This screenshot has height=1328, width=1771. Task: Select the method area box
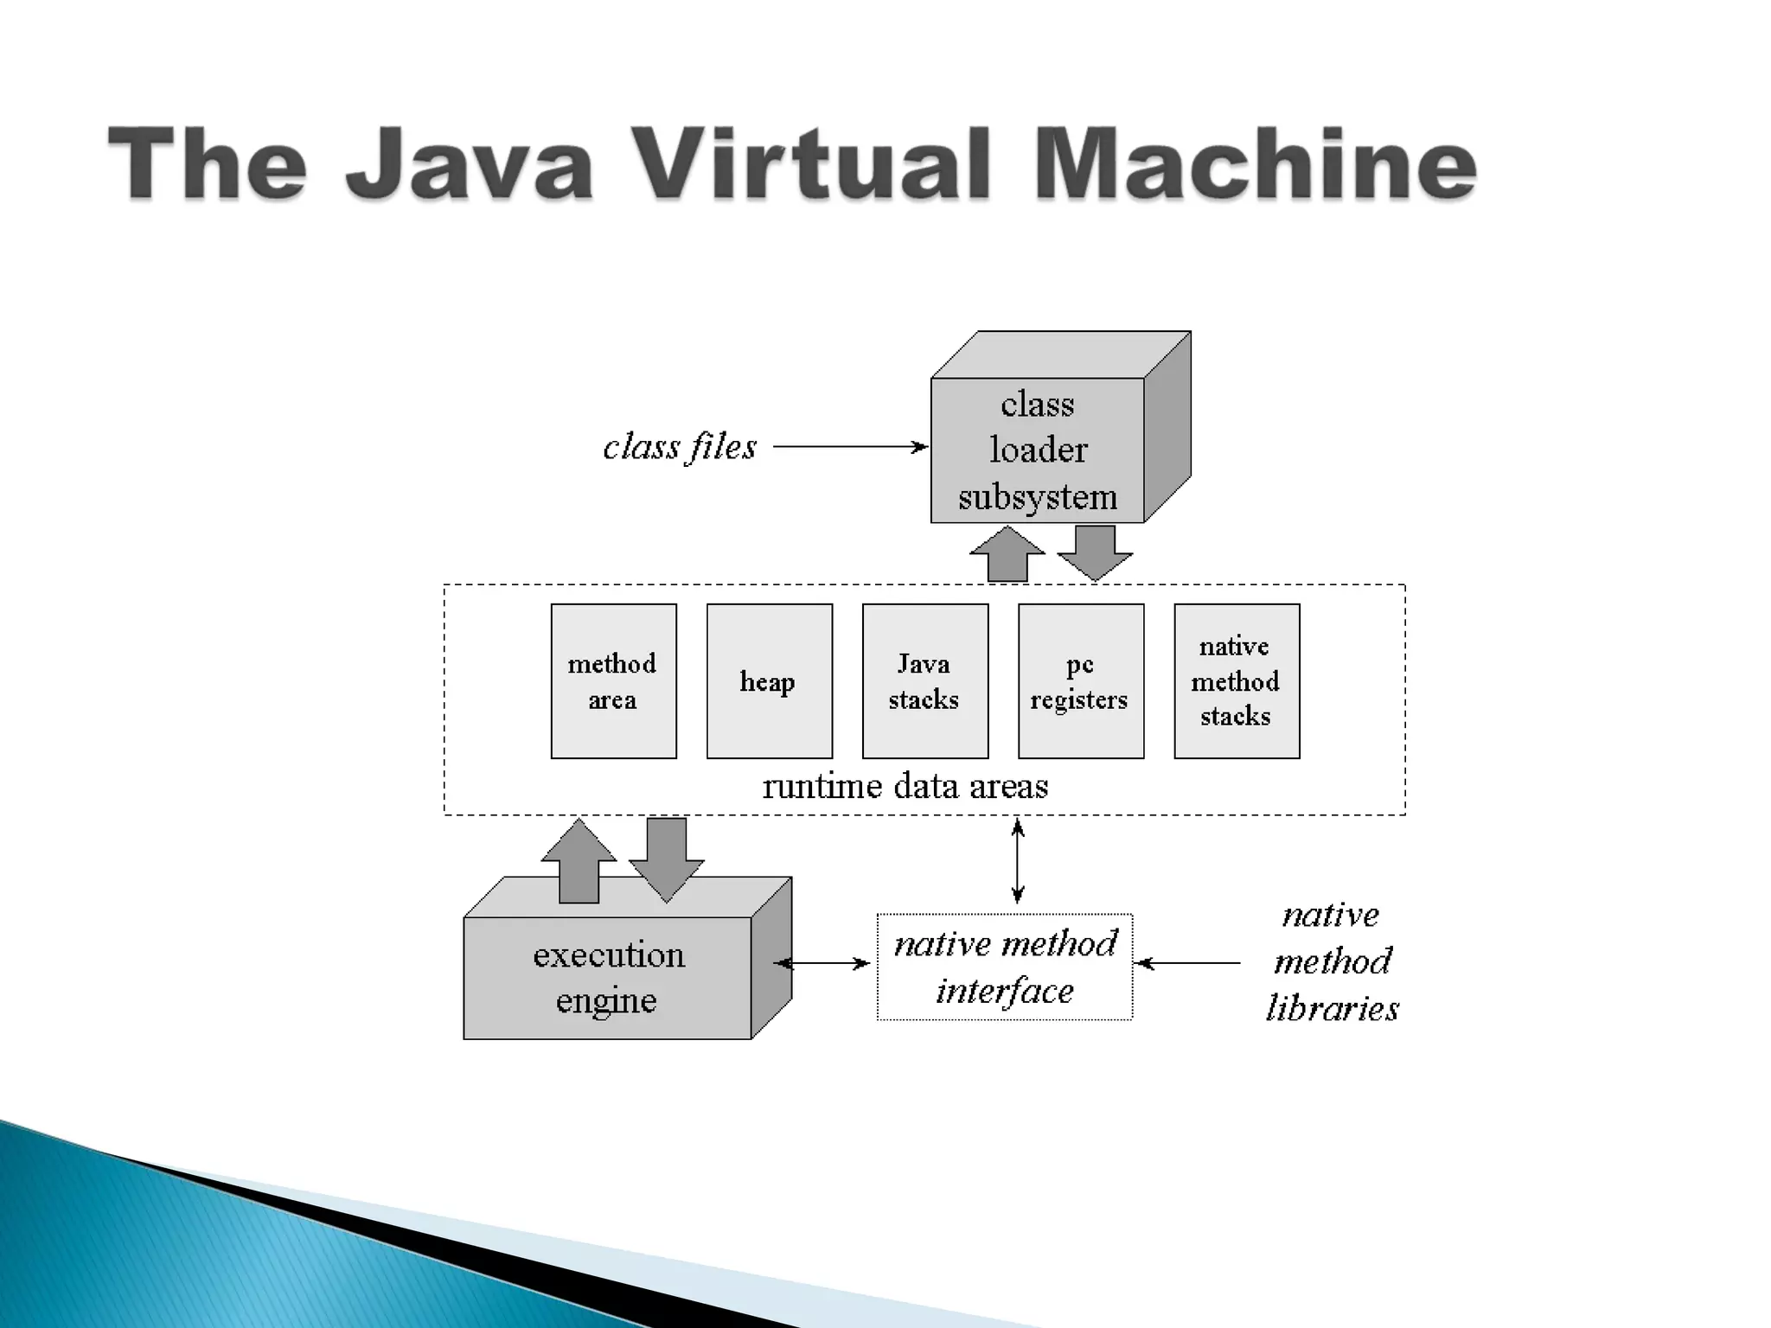pos(613,681)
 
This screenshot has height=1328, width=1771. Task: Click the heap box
pos(769,681)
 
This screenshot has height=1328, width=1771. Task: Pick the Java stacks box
pos(924,681)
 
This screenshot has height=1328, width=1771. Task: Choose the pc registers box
pos(1080,681)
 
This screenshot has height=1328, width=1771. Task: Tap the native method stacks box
pos(1236,681)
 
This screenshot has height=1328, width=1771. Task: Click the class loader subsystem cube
pos(1037,450)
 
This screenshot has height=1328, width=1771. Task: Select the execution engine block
pos(608,978)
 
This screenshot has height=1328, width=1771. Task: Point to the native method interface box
pos(1004,967)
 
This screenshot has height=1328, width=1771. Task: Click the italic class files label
pos(680,448)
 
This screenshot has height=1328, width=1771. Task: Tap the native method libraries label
pos(1332,961)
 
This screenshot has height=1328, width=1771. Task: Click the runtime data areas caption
pos(905,786)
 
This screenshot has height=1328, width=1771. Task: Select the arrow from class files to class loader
pos(850,447)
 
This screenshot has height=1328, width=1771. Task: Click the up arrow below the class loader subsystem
pos(1007,555)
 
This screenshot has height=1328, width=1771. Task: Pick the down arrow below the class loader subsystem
pos(1095,552)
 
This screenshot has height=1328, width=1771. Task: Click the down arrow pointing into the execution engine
pos(666,859)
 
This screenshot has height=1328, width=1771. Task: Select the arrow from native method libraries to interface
pos(1188,963)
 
